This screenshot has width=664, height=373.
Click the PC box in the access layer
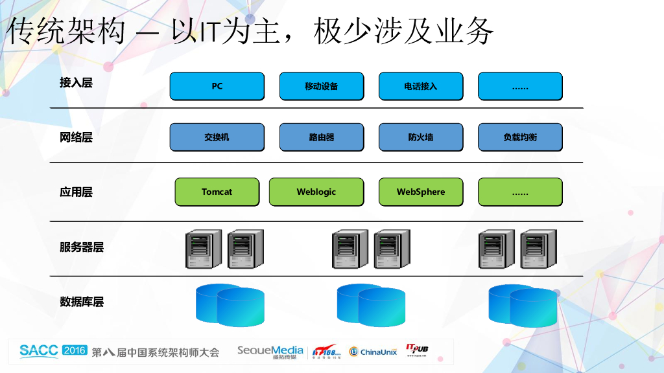(x=217, y=86)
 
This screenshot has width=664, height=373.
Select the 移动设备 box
(x=321, y=86)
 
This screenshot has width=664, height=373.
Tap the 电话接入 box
(x=420, y=86)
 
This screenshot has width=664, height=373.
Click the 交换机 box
(x=217, y=137)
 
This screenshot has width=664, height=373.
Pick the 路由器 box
(x=321, y=137)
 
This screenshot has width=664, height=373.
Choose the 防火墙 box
(x=420, y=137)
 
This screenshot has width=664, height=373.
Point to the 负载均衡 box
(x=520, y=137)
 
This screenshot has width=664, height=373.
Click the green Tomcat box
(x=217, y=192)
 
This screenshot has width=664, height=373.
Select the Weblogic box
(x=316, y=192)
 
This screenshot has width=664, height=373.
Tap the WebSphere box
(x=420, y=192)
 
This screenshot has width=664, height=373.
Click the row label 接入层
(x=76, y=83)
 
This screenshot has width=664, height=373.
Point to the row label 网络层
(x=76, y=137)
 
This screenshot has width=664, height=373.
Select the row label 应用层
(x=76, y=192)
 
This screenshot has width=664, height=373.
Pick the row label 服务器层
(x=81, y=247)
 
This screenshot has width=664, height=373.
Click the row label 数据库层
(x=81, y=302)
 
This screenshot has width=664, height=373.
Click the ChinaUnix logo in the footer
(x=373, y=352)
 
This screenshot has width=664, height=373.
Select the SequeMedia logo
(x=270, y=352)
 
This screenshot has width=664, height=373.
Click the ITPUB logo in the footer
(x=417, y=350)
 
